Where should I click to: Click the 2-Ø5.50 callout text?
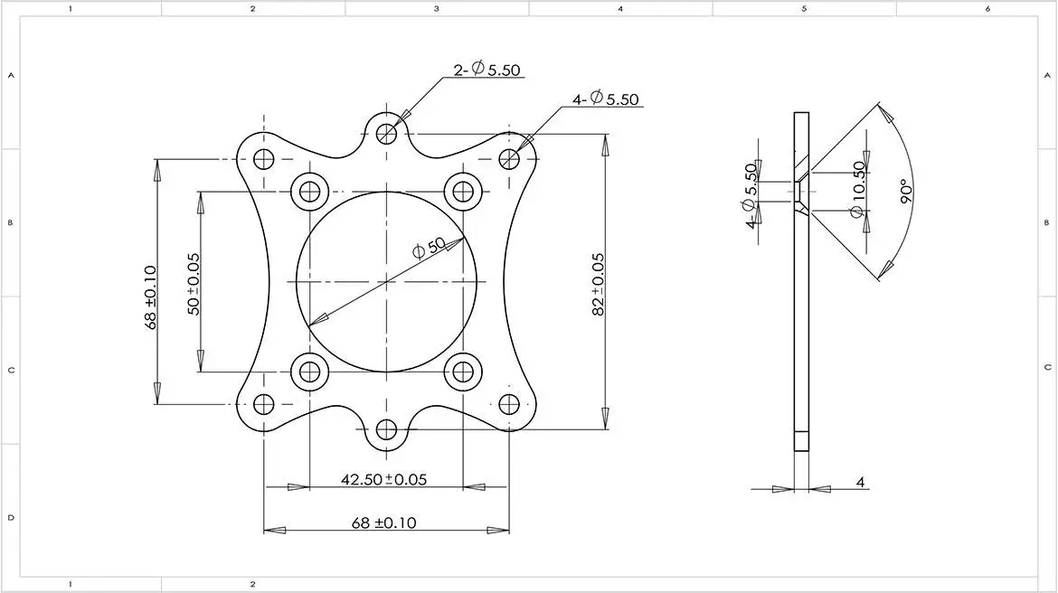click(x=487, y=70)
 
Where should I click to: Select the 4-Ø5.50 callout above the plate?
click(x=605, y=99)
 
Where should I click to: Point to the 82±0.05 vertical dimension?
click(x=598, y=284)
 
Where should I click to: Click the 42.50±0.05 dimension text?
click(x=384, y=480)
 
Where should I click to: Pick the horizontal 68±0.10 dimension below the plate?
click(x=384, y=522)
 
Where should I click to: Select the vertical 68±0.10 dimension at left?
click(x=150, y=296)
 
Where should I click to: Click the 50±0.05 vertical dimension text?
click(x=194, y=284)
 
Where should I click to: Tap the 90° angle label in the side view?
click(x=907, y=191)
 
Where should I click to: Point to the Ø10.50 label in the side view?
click(x=857, y=190)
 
